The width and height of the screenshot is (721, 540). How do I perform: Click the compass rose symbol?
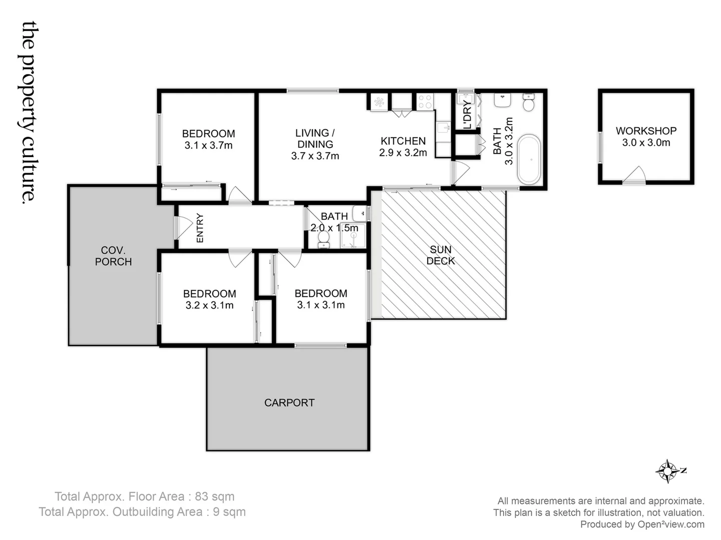[x=668, y=471]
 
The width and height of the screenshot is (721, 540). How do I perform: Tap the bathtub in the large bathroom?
[x=529, y=159]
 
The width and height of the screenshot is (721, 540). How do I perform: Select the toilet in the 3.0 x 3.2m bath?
[x=529, y=102]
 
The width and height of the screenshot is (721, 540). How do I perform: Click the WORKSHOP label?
[x=646, y=131]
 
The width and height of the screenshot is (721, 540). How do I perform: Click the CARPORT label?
[x=289, y=403]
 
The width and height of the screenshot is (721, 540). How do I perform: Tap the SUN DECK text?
[x=441, y=255]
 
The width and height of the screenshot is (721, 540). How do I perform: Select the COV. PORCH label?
[x=113, y=256]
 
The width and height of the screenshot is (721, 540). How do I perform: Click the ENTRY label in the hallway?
[x=200, y=228]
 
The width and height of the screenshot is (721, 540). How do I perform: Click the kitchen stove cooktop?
[x=425, y=101]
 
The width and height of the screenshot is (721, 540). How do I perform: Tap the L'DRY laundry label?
[x=467, y=114]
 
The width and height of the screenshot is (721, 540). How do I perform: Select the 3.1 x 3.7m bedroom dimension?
[x=208, y=146]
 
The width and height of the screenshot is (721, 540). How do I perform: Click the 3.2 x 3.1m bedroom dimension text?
[x=209, y=305]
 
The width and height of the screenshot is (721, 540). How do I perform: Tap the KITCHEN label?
[x=403, y=141]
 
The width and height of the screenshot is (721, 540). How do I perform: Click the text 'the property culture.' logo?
[x=29, y=112]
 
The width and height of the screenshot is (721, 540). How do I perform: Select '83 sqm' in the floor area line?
[x=214, y=496]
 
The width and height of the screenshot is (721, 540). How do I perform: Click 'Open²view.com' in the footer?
[x=670, y=524]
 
